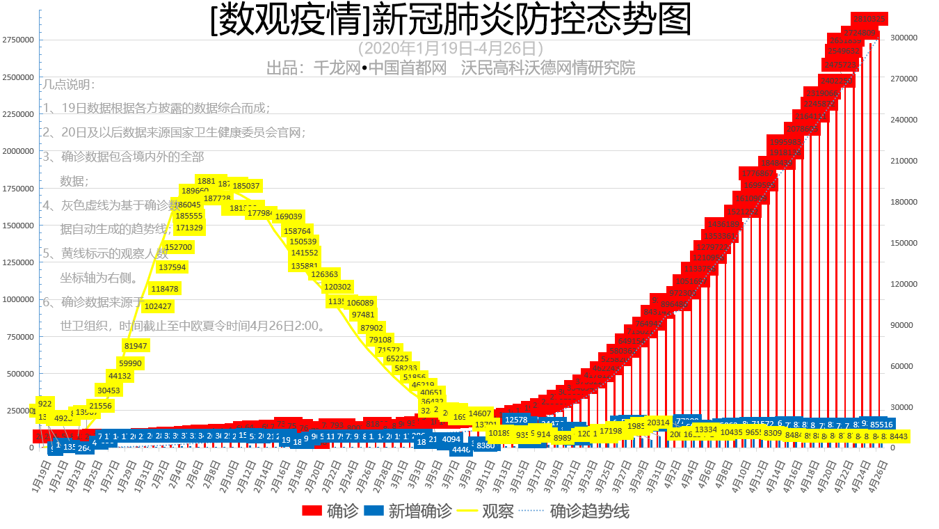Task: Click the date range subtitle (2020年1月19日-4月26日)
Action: (451, 49)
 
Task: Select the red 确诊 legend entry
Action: (330, 511)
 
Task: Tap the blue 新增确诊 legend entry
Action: (408, 511)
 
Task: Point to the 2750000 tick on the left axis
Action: (19, 40)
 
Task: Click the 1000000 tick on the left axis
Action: (19, 299)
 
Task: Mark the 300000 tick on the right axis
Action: (905, 38)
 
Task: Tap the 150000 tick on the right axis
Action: (905, 243)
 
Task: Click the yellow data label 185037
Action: (246, 186)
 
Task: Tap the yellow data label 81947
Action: (136, 346)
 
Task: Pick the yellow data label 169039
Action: (289, 216)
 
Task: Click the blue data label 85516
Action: (882, 424)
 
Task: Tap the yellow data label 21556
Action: (100, 406)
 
